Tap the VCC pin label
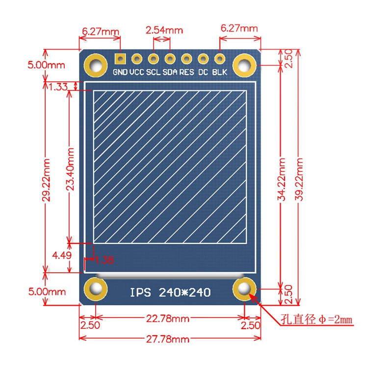136,72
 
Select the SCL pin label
154,72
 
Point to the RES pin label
186,72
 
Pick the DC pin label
203,72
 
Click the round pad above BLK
219,59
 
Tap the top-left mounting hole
96,65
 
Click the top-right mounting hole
244,65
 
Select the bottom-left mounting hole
96,289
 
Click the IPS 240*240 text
170,292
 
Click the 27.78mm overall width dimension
170,339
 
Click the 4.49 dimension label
62,255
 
